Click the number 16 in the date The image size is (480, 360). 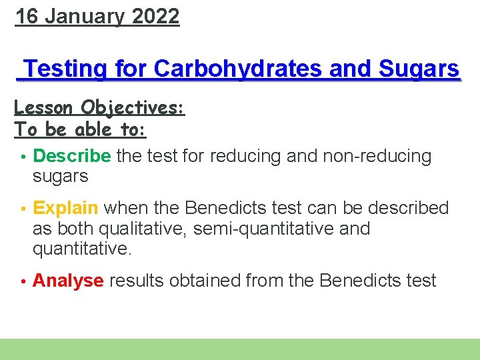pos(26,16)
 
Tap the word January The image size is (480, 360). pos(84,16)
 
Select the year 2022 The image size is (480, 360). pos(156,16)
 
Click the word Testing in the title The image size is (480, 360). pos(66,69)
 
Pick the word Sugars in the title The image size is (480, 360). pos(419,69)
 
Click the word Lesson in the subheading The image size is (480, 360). pos(44,107)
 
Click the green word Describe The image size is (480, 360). pos(72,157)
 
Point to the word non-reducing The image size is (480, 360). pos(377,157)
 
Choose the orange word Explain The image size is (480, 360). pos(65,209)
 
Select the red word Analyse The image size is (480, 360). pos(68,281)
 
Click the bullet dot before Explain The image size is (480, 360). pos(23,209)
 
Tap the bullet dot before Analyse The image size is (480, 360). pos(23,281)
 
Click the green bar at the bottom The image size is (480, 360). pos(240,349)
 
